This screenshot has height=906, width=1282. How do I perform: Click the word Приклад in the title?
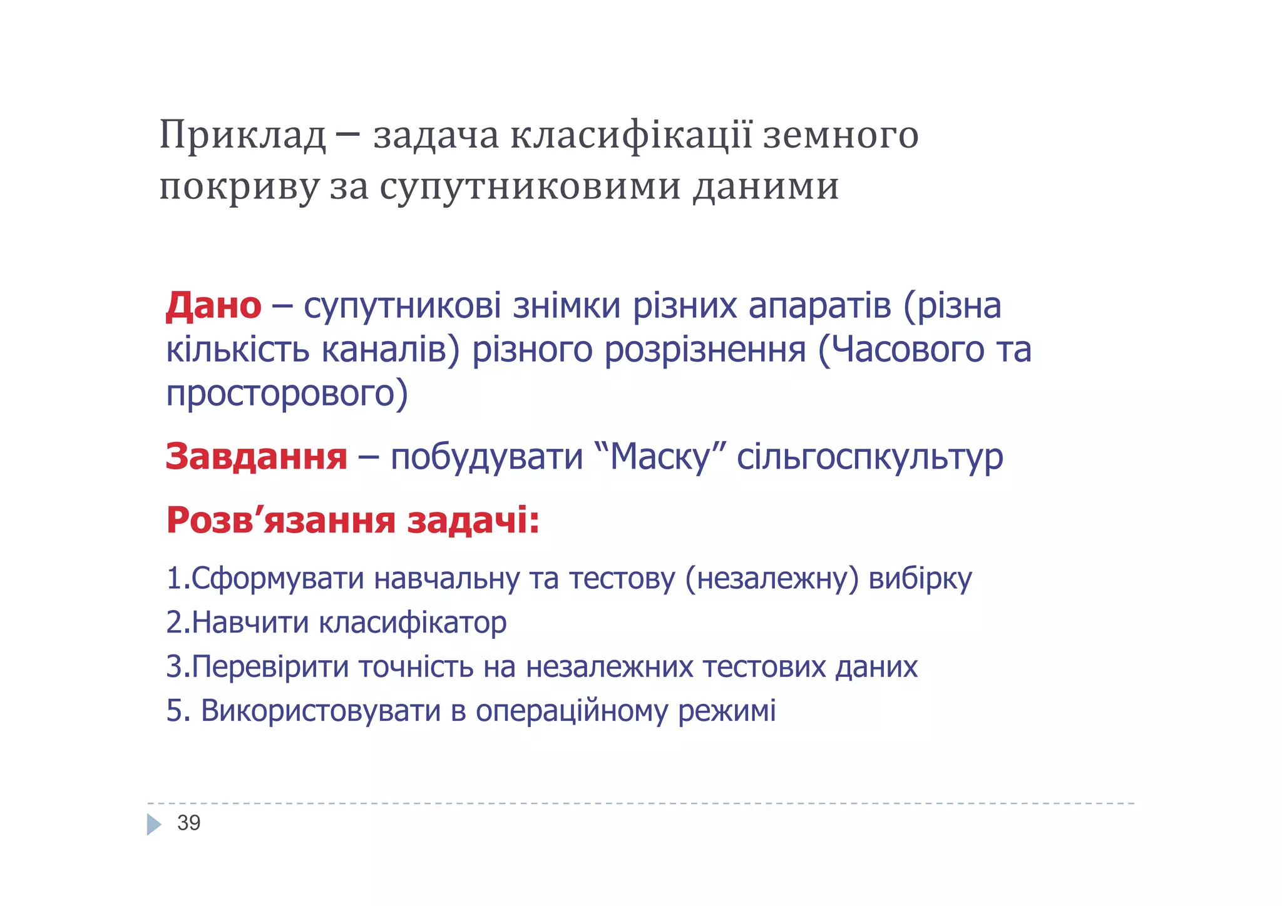(243, 136)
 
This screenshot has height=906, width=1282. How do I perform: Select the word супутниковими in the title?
(530, 187)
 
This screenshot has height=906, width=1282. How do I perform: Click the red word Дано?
(213, 306)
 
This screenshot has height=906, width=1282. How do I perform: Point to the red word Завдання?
(256, 456)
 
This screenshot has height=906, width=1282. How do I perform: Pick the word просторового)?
(287, 394)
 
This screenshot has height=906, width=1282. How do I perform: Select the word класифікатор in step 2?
(413, 623)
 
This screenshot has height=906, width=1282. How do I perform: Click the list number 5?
(174, 711)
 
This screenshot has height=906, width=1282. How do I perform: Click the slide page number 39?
(188, 823)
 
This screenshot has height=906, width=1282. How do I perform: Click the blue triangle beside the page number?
(154, 824)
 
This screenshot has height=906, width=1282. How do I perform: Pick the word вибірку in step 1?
(920, 579)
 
